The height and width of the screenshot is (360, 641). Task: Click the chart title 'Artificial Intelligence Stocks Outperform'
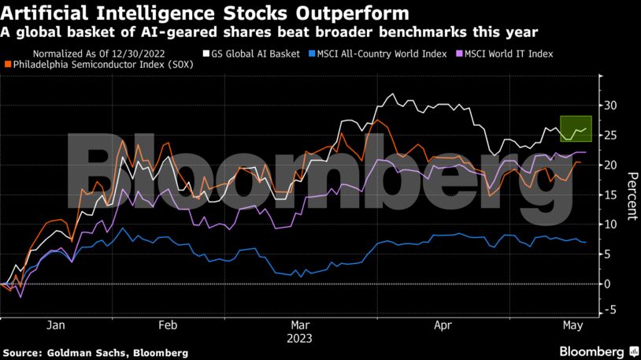click(x=206, y=13)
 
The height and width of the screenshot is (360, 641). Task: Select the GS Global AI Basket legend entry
click(x=251, y=54)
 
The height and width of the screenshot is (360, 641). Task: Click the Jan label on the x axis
click(x=56, y=325)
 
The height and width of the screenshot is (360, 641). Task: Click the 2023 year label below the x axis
click(x=300, y=338)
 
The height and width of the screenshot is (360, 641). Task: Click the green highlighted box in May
click(x=575, y=128)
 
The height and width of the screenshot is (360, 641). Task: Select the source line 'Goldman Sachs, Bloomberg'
click(x=95, y=351)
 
